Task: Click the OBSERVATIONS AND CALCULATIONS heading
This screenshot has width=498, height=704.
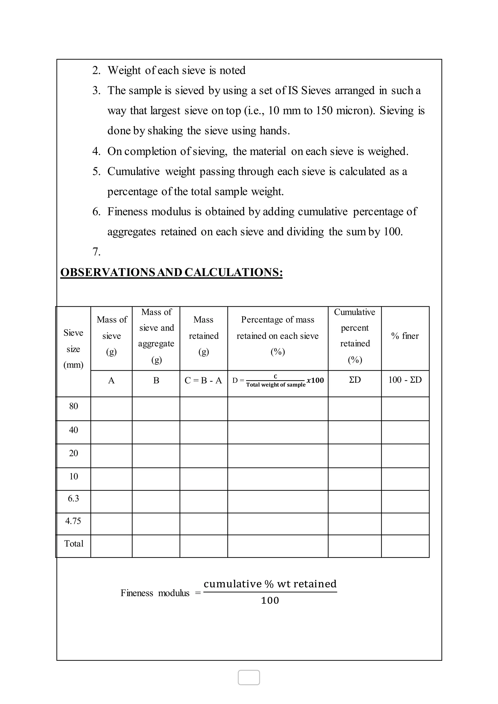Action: (x=171, y=272)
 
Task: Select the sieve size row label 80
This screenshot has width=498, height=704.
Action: (x=74, y=406)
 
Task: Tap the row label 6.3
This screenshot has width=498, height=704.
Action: (x=74, y=499)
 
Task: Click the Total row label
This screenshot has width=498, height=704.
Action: (x=74, y=544)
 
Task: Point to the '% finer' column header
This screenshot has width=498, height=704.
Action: (x=405, y=336)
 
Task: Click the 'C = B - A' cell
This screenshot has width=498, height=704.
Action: (x=203, y=380)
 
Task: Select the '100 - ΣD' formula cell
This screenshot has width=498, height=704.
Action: (x=405, y=380)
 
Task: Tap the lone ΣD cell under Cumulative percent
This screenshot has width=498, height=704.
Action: (x=355, y=380)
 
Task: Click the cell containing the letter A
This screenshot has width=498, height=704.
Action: (x=111, y=380)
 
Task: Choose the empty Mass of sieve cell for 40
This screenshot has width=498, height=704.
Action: (x=111, y=432)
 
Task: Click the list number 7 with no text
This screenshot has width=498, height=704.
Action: (x=96, y=252)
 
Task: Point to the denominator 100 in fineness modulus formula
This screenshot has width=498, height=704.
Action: (x=270, y=600)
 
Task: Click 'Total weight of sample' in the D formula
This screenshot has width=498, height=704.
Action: (x=276, y=385)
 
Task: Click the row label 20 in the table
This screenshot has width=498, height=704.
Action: (x=74, y=453)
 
